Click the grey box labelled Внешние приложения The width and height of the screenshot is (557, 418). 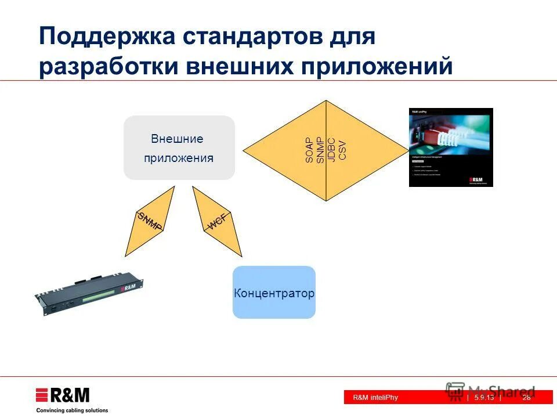coord(179,148)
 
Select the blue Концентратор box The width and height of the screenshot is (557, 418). coord(274,293)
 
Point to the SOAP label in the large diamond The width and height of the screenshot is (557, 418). coord(309,150)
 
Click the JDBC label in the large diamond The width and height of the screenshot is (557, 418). coord(331,150)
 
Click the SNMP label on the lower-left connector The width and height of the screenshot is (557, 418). coord(149,222)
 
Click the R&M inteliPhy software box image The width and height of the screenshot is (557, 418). coord(451,147)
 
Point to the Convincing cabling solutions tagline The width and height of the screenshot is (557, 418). coord(72,410)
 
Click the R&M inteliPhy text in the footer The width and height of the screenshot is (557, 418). coord(375,398)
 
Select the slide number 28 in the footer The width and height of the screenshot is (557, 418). coord(526,398)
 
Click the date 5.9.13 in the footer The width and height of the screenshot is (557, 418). coord(483,398)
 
